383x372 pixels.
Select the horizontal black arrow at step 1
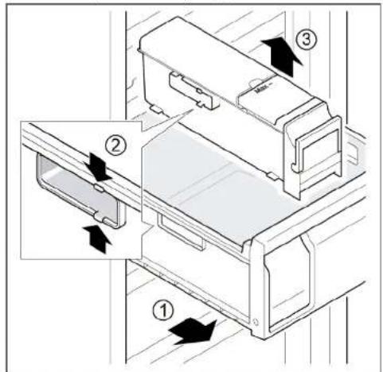(x=195, y=331)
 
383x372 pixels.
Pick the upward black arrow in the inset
(x=97, y=236)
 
